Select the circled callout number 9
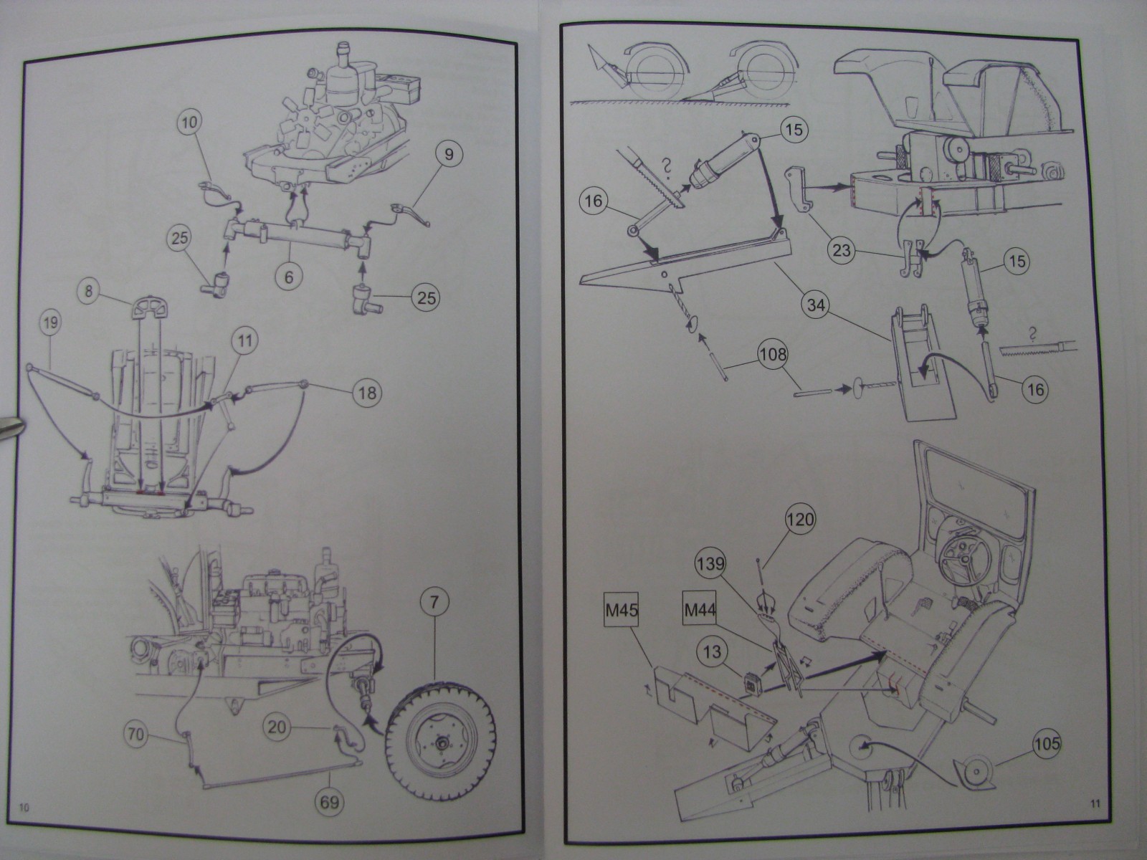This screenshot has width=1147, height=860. pos(449,153)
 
